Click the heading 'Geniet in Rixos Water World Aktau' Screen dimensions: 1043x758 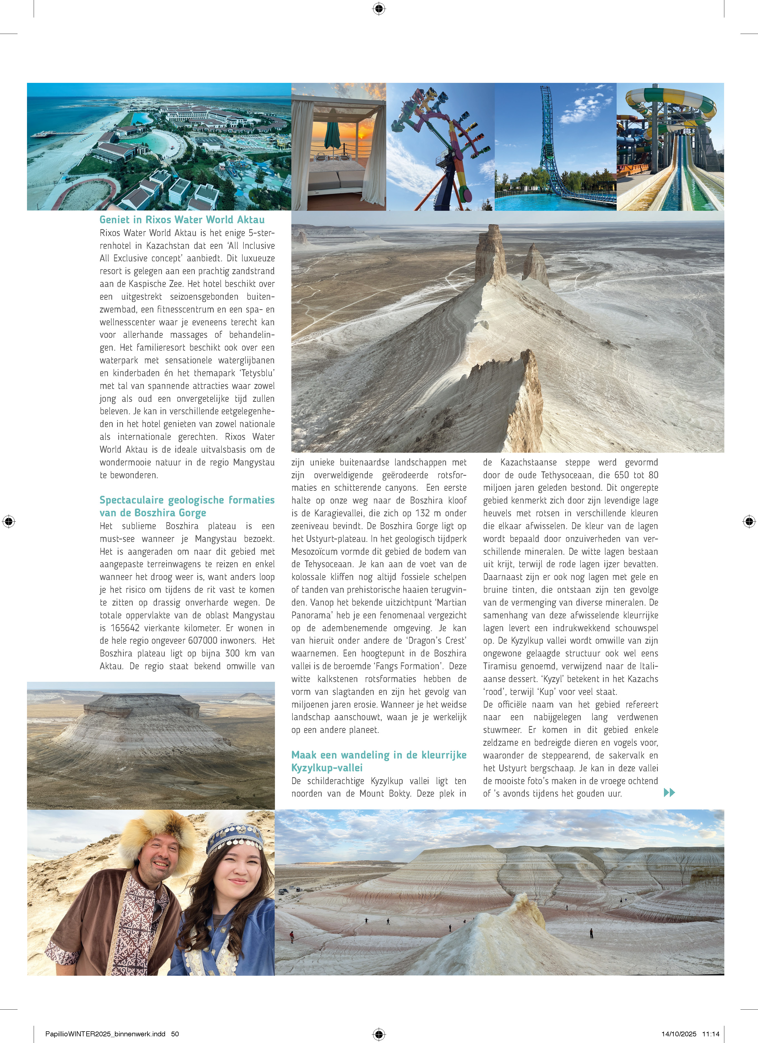[182, 220]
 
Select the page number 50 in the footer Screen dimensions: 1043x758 [175, 1034]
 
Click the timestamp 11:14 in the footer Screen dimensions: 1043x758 [711, 1034]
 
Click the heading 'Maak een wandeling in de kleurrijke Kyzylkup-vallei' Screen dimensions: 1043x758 [379, 761]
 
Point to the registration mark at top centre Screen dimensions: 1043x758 [379, 8]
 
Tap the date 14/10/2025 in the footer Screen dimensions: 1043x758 [679, 1034]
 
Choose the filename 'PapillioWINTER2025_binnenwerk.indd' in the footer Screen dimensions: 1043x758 [105, 1034]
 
